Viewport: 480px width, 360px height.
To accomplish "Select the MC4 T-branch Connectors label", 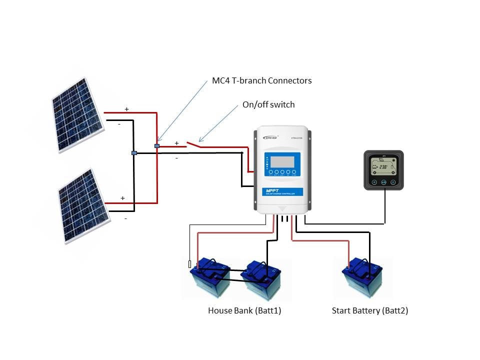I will coord(261,80).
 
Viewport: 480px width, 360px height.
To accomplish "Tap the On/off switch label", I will coord(268,104).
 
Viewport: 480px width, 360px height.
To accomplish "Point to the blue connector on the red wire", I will coord(157,146).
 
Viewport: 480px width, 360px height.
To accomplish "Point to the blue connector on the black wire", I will coord(134,152).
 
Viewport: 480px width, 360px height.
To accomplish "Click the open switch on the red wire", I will coord(193,145).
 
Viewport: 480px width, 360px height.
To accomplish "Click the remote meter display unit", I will coord(383,170).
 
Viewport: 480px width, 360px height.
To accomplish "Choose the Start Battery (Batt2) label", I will coord(369,310).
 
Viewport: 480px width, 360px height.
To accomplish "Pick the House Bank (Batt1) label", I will coord(244,310).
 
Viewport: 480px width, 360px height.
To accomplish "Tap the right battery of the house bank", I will coord(260,279).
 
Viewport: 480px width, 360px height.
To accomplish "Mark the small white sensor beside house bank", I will coord(189,264).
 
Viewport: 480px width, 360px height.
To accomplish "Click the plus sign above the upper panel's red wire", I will coord(126,109).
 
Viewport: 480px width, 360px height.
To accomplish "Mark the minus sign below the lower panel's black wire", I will coord(125,218).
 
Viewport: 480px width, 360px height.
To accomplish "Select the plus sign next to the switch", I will coord(176,143).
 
